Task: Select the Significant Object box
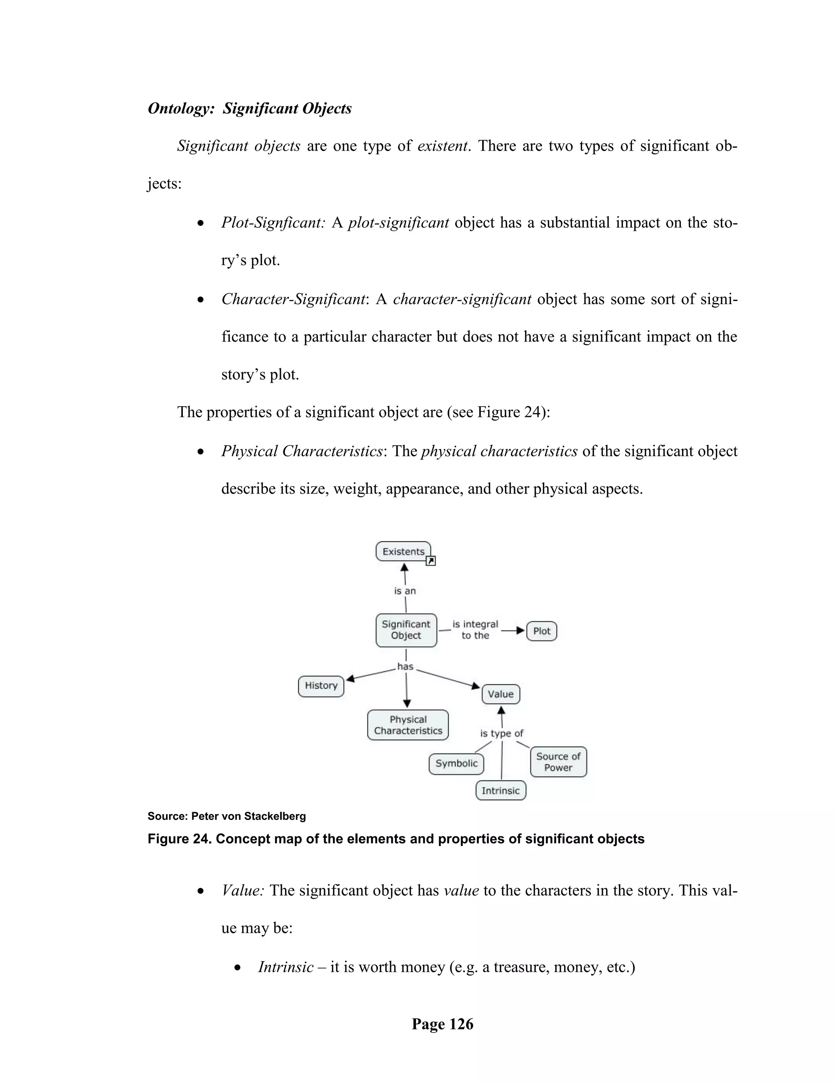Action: point(406,630)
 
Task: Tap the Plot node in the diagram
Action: point(541,631)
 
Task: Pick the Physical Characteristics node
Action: point(408,725)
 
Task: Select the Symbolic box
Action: point(456,764)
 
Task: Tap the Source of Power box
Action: point(558,762)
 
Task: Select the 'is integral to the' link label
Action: point(475,630)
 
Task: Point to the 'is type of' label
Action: point(501,733)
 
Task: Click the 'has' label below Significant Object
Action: point(405,667)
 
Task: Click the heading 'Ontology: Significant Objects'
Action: point(249,109)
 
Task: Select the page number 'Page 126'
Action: point(442,1024)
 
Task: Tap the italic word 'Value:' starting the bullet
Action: point(243,890)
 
